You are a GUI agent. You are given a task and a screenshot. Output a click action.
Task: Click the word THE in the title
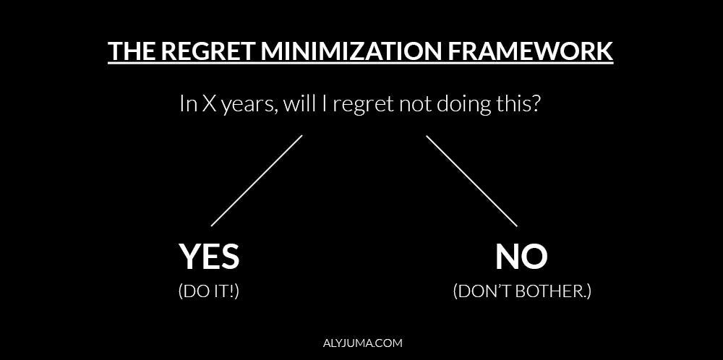[131, 52]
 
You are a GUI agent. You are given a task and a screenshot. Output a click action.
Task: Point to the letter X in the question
[208, 104]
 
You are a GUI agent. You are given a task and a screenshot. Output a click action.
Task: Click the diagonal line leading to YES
[257, 181]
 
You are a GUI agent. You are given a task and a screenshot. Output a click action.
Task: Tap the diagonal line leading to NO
[471, 181]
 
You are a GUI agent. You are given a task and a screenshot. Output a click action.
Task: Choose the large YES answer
[209, 257]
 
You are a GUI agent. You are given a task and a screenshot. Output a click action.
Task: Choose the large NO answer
[521, 257]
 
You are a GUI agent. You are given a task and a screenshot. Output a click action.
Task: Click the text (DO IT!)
[209, 291]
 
